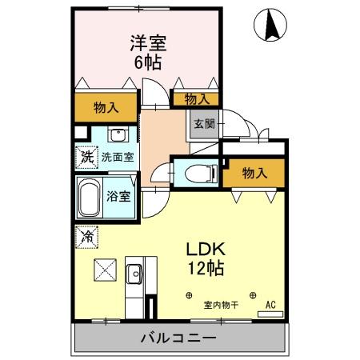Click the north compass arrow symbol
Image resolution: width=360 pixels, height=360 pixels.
click(x=270, y=26)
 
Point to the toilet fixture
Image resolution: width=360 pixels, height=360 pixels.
click(x=195, y=172)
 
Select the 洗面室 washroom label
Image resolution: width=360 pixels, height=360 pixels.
click(x=117, y=158)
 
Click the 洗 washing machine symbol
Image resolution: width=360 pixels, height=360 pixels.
click(x=86, y=157)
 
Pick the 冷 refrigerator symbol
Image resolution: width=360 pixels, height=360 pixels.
click(x=86, y=237)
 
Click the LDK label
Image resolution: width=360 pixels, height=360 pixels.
click(x=204, y=248)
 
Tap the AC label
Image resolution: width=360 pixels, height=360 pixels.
click(x=270, y=305)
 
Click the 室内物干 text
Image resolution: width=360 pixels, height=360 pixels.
click(x=219, y=304)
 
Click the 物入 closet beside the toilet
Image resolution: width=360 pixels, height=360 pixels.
click(x=254, y=173)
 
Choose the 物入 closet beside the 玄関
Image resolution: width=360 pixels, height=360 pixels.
click(x=196, y=98)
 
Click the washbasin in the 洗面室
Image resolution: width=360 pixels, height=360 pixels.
click(x=118, y=134)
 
